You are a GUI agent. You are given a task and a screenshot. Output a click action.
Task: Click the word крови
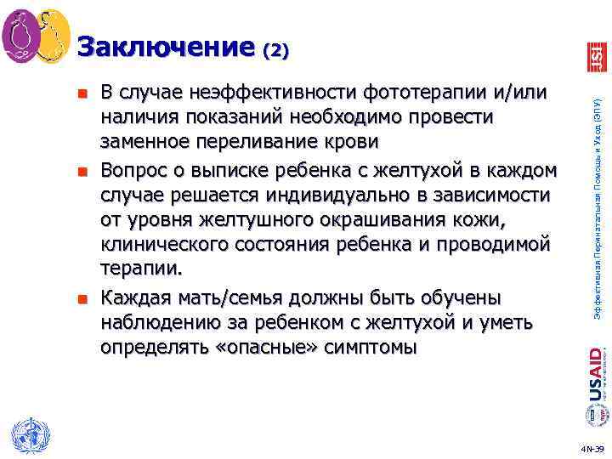[352, 139]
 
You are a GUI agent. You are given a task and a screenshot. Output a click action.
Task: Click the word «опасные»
[269, 346]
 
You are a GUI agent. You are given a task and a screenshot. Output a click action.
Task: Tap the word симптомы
[372, 346]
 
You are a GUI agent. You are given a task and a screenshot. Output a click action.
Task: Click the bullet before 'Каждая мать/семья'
[82, 299]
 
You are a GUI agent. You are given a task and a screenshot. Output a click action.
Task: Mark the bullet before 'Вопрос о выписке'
[82, 172]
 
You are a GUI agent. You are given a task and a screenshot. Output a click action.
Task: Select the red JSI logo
[594, 56]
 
